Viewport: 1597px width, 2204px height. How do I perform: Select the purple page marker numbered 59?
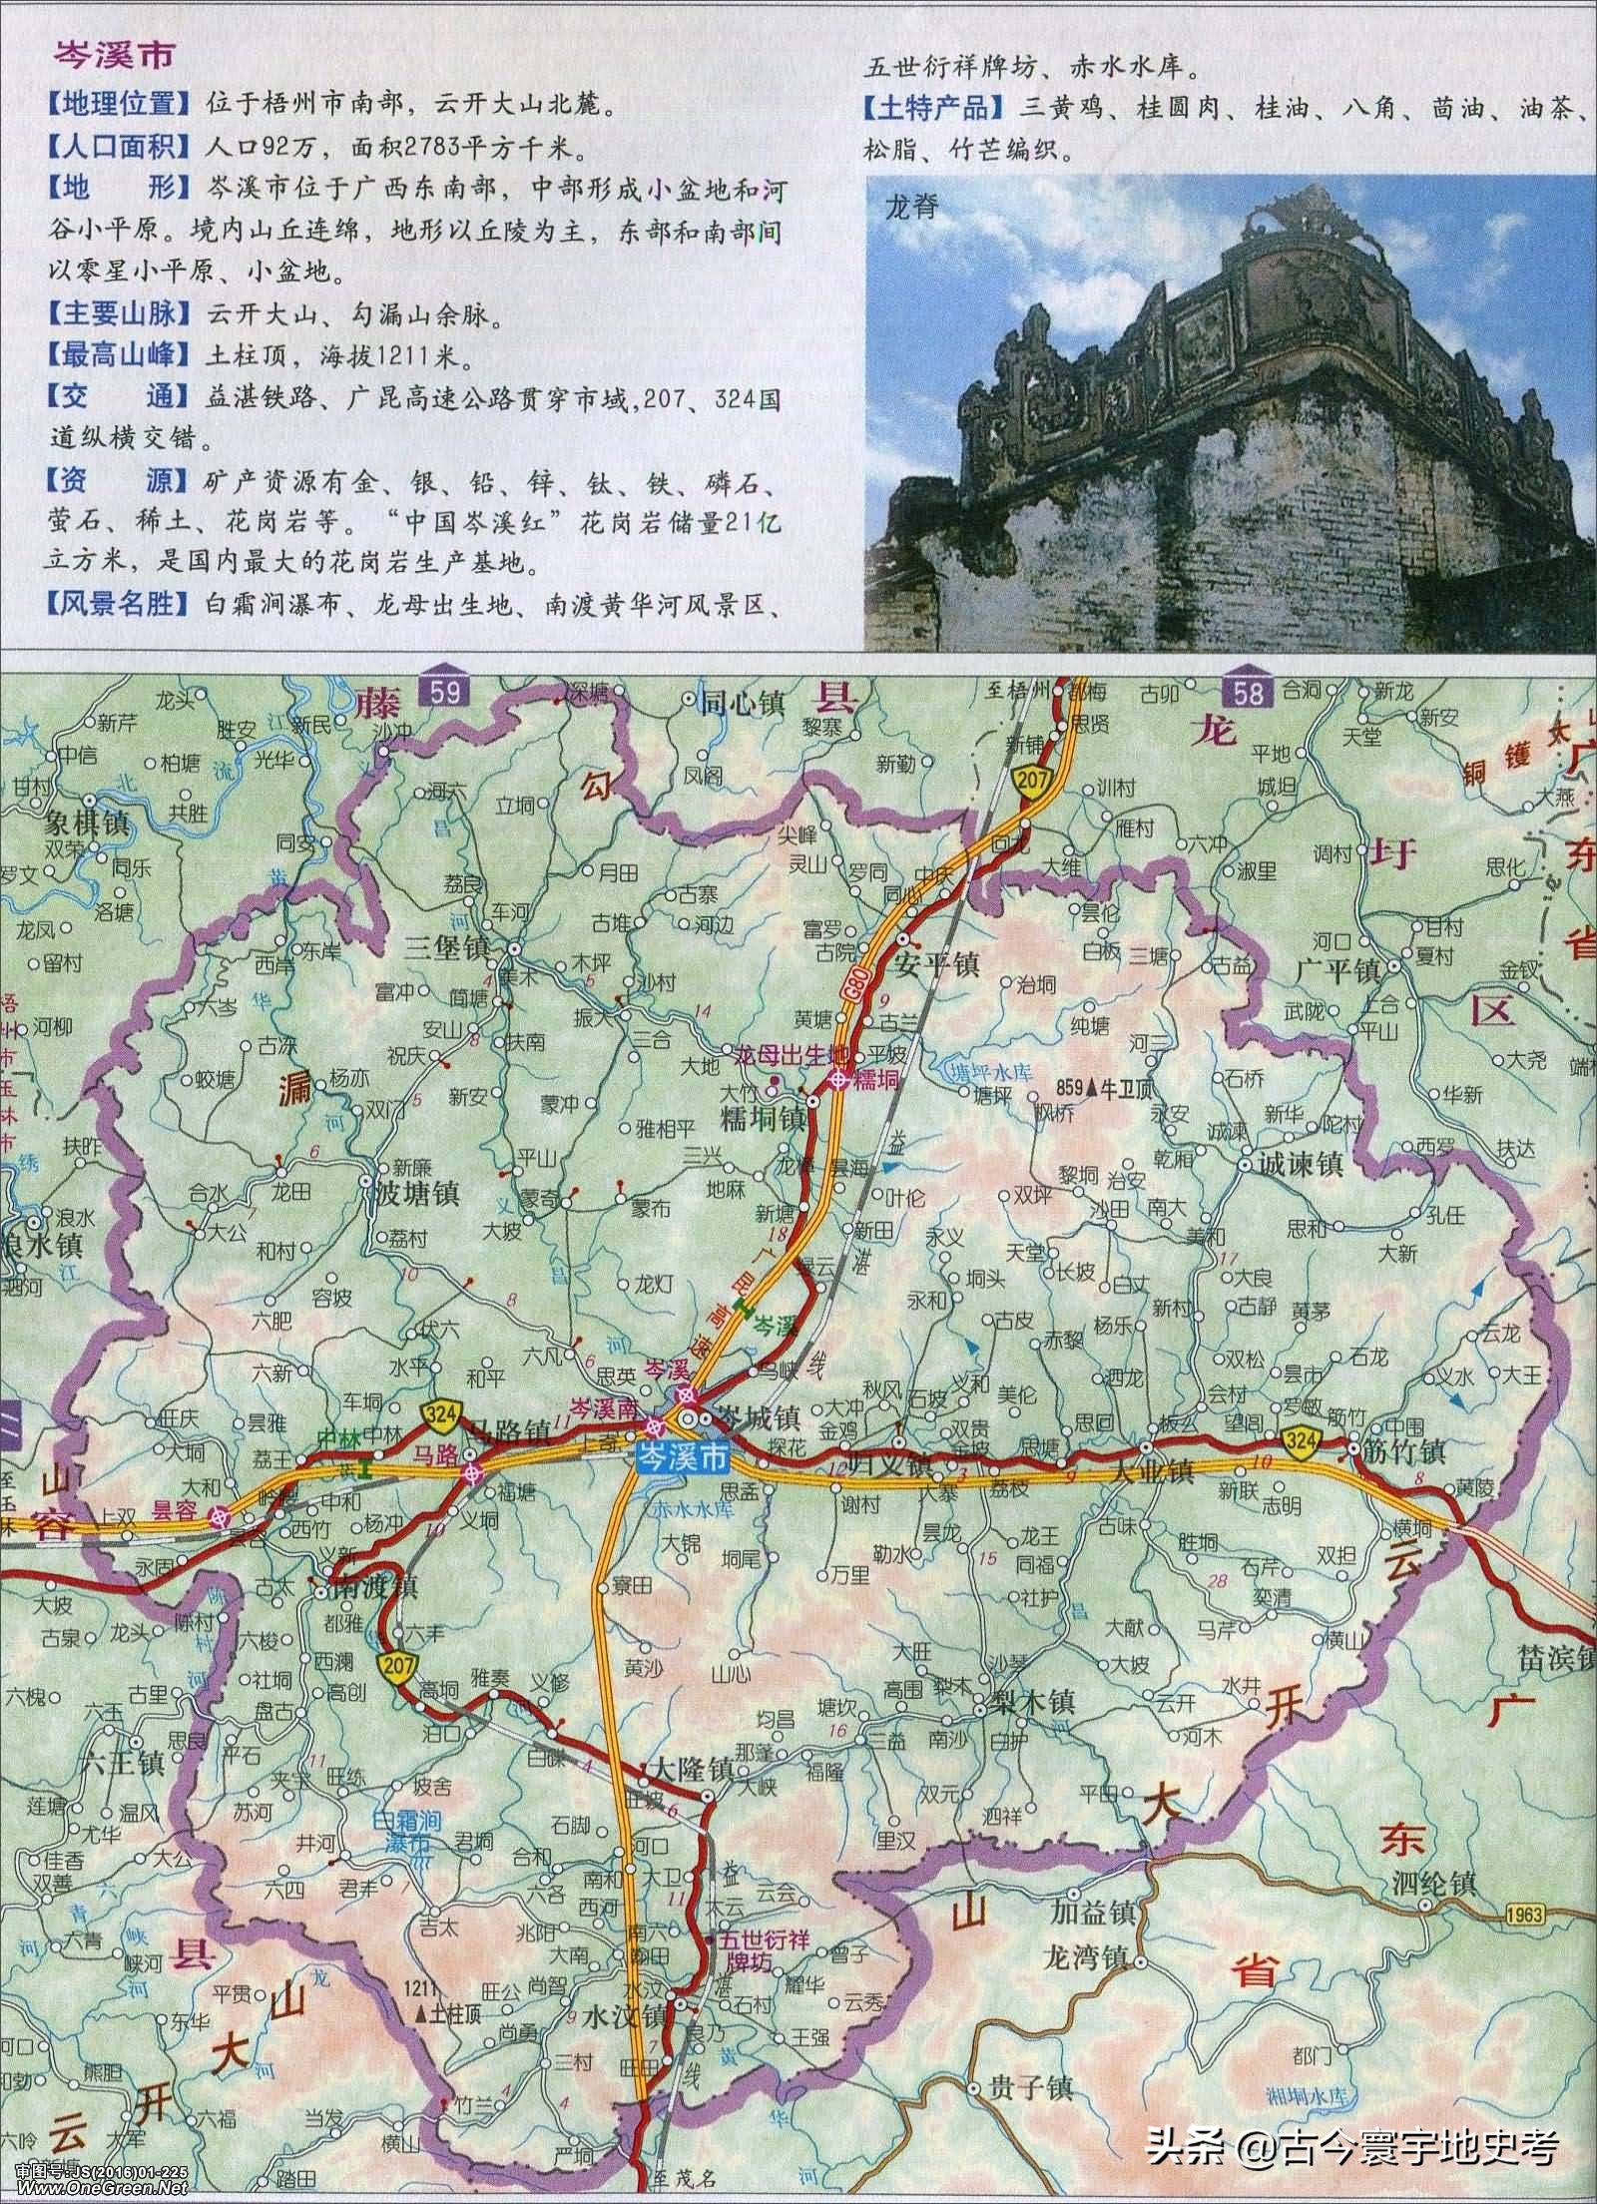pos(444,691)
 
